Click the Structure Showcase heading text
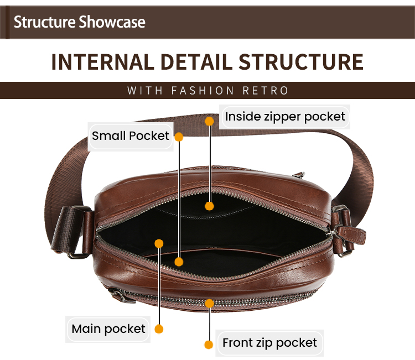pos(79,22)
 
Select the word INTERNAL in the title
pos(103,62)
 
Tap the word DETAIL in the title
pos(196,62)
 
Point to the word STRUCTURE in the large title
pos(301,62)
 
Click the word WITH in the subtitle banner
pos(145,91)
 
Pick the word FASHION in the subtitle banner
pos(203,91)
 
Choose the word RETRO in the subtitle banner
pos(266,91)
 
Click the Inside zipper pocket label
pos(285,117)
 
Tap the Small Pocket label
pos(130,136)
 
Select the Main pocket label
pos(108,329)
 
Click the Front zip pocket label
pos(269,343)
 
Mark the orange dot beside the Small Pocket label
pos(179,137)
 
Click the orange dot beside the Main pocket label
pos(159,329)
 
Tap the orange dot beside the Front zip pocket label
pos(209,345)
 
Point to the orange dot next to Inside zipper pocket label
pos(209,121)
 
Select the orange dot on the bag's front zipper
pos(209,304)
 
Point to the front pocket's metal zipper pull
pos(121,296)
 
